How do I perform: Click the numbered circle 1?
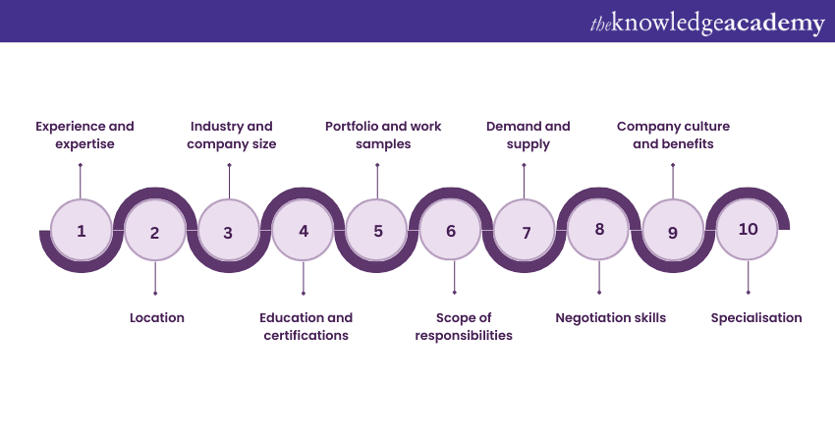(x=81, y=232)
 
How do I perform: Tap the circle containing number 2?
(x=154, y=233)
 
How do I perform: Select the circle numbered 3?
(x=228, y=233)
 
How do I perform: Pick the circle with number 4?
(x=304, y=232)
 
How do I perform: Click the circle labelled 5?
(x=378, y=232)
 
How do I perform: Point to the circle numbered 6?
(x=451, y=232)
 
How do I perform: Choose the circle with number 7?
(x=526, y=233)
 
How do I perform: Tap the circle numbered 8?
(x=599, y=230)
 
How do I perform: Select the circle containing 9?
(x=673, y=233)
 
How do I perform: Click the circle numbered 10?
(x=749, y=229)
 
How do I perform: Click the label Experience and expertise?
(x=84, y=136)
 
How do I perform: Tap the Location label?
(x=157, y=317)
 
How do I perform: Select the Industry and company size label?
(x=233, y=136)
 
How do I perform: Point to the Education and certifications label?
(x=306, y=326)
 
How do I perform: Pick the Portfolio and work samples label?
(x=383, y=136)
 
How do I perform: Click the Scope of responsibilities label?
(x=464, y=326)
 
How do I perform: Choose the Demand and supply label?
(x=529, y=136)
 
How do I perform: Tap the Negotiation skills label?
(x=610, y=317)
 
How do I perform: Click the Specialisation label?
(x=756, y=317)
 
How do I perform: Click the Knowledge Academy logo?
(x=706, y=22)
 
